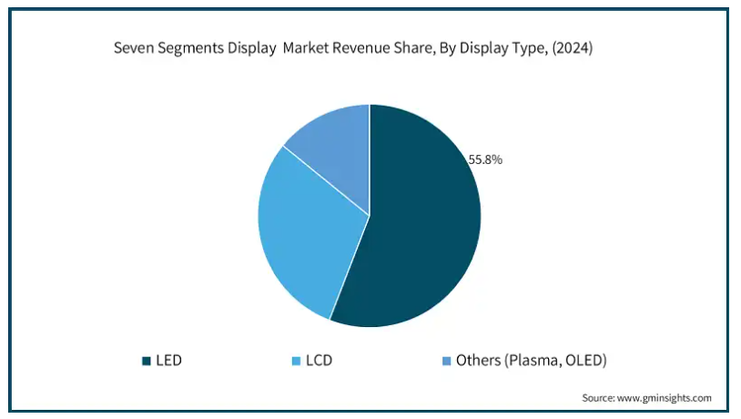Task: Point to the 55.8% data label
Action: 485,159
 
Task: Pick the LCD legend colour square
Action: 297,361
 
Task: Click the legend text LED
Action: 168,361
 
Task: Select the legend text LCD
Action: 319,361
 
